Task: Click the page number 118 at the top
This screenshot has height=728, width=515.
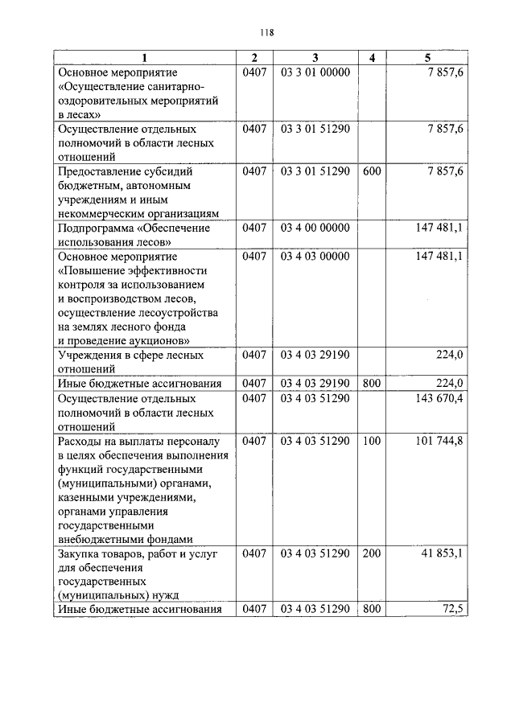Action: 267,33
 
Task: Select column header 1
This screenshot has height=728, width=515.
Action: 146,57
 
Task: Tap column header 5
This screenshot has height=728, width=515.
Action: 427,57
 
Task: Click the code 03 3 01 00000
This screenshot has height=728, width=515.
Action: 315,72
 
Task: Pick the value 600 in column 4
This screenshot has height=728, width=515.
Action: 372,171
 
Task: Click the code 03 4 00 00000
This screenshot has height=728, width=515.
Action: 315,228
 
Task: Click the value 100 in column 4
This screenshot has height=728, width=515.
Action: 372,441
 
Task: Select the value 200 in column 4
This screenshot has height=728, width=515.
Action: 372,553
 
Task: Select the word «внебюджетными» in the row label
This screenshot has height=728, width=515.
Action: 99,539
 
